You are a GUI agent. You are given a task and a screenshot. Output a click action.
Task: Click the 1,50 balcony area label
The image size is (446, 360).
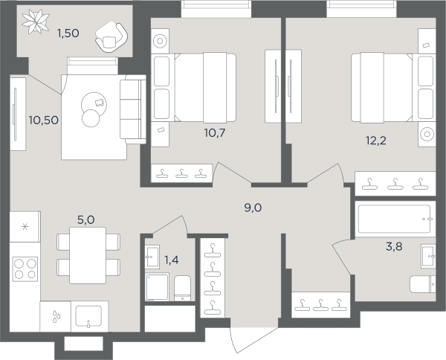click(x=68, y=33)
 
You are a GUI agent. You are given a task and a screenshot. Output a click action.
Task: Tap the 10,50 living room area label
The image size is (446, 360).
click(x=44, y=120)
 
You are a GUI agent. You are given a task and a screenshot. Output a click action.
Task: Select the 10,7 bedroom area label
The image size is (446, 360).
click(x=215, y=133)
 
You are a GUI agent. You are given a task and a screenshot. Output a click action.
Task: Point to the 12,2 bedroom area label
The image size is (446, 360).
click(x=375, y=141)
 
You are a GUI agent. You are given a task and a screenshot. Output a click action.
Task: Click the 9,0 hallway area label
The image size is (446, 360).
click(x=253, y=208)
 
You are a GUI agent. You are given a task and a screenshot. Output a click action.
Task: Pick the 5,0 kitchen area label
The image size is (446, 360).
click(x=86, y=220)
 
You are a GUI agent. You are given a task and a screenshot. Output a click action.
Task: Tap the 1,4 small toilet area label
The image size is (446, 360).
click(x=172, y=260)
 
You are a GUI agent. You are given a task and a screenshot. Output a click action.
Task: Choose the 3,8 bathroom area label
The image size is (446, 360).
click(x=394, y=246)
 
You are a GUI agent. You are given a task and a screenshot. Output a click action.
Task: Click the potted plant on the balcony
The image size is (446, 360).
click(x=36, y=22)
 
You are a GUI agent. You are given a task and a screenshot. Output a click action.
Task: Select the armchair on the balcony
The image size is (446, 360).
click(x=111, y=36)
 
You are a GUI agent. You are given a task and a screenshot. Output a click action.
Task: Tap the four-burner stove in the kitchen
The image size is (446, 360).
click(x=25, y=269)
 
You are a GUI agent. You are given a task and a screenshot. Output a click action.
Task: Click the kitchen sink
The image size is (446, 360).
click(x=88, y=316)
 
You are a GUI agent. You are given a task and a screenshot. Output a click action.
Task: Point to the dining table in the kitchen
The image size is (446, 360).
click(x=88, y=255)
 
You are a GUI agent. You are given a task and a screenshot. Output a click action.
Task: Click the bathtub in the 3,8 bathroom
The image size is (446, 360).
click(x=395, y=219)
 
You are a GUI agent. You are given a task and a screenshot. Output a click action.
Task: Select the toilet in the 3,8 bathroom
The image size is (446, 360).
click(x=422, y=284)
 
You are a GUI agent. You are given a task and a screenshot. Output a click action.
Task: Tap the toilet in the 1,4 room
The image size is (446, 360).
click(x=182, y=288)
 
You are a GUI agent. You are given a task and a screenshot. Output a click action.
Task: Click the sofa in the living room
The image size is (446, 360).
click(x=133, y=109)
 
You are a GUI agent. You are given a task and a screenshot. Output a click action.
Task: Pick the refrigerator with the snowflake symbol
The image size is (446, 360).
click(x=25, y=227)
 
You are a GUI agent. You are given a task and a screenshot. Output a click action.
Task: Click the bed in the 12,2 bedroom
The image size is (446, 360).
click(x=381, y=88)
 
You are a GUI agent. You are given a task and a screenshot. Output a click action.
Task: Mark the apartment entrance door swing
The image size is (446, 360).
click(x=253, y=340)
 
